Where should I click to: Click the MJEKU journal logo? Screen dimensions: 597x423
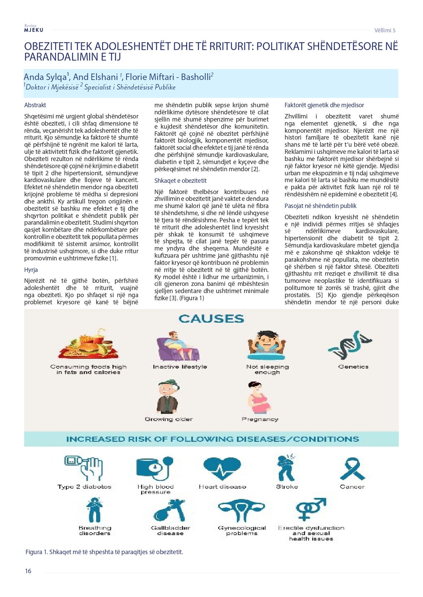pyautogui.click(x=33, y=29)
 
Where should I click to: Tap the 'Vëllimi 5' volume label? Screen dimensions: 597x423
pyautogui.click(x=385, y=30)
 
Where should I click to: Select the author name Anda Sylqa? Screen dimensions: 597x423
pyautogui.click(x=46, y=77)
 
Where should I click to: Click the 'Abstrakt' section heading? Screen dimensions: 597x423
pyautogui.click(x=35, y=105)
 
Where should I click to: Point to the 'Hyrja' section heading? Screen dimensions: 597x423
pyautogui.click(x=31, y=270)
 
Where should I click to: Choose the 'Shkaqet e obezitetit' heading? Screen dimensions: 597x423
pyautogui.click(x=180, y=181)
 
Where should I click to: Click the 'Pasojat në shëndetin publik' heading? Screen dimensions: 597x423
pyautogui.click(x=320, y=206)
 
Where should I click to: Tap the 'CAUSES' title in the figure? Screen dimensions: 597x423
pyautogui.click(x=211, y=319)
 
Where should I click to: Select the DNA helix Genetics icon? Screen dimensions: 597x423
pyautogui.click(x=350, y=345)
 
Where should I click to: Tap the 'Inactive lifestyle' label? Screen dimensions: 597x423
pyautogui.click(x=180, y=367)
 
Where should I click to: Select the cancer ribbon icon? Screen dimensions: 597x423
pyautogui.click(x=352, y=469)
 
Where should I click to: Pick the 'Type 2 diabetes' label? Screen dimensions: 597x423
pyautogui.click(x=84, y=487)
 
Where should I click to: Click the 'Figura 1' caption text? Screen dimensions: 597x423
pyautogui.click(x=104, y=552)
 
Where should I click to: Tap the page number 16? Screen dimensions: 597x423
pyautogui.click(x=28, y=571)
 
